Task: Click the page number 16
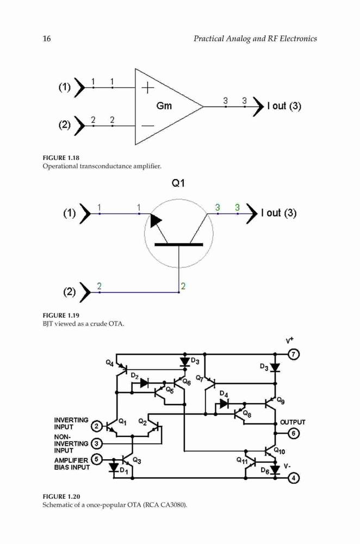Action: [x=47, y=39]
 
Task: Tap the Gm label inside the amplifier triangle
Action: [x=164, y=106]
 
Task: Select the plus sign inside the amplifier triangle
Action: [x=148, y=88]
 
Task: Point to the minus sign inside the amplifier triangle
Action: [x=148, y=126]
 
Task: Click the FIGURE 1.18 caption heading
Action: [x=61, y=158]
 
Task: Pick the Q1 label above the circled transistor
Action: [x=178, y=183]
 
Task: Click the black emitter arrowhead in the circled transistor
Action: [x=156, y=221]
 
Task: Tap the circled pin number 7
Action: [x=294, y=354]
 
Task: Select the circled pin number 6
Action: [x=294, y=434]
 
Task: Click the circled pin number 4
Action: [x=294, y=478]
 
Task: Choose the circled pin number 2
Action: [x=96, y=426]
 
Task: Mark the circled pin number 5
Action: [x=96, y=459]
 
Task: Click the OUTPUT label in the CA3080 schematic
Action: [x=293, y=422]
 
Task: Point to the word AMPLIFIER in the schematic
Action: [x=71, y=460]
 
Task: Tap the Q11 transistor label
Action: [x=242, y=460]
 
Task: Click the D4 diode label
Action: [x=224, y=394]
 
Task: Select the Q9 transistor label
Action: [x=281, y=400]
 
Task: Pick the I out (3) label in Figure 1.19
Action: [x=279, y=213]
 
